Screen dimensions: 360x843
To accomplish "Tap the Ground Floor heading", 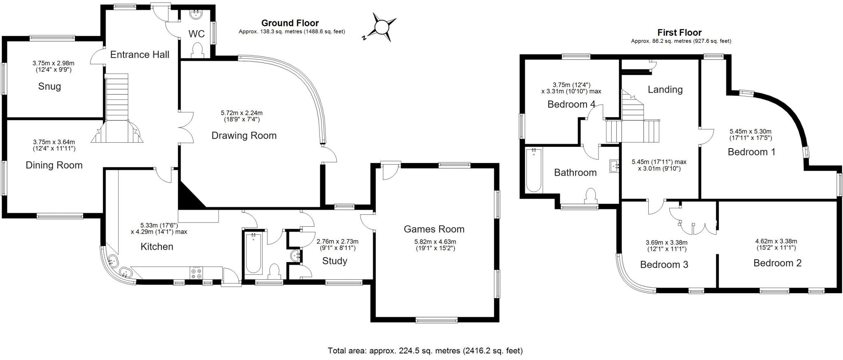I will pyautogui.click(x=290, y=23).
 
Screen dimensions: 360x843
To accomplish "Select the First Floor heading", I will pyautogui.click(x=679, y=33).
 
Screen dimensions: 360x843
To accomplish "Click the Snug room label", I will pyautogui.click(x=49, y=86).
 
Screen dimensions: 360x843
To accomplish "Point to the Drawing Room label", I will pyautogui.click(x=244, y=135).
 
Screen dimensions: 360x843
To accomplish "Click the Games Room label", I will pyautogui.click(x=434, y=229).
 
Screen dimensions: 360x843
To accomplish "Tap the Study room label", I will pyautogui.click(x=335, y=261).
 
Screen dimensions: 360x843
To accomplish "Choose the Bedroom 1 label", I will pyautogui.click(x=751, y=152).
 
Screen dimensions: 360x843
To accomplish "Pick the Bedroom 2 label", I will pyautogui.click(x=777, y=263).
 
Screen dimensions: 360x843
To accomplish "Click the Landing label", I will pyautogui.click(x=665, y=90).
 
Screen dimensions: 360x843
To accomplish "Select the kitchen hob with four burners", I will pyautogui.click(x=196, y=273).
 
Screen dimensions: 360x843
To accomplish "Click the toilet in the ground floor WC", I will pyautogui.click(x=197, y=51).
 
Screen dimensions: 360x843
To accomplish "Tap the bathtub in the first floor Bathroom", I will pyautogui.click(x=534, y=170).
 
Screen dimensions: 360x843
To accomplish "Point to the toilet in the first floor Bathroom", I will pyautogui.click(x=590, y=195).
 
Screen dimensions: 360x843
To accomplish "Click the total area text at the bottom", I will pyautogui.click(x=425, y=351).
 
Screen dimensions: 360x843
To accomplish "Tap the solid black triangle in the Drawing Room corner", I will pyautogui.click(x=189, y=197).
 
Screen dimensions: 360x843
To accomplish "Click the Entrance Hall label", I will pyautogui.click(x=140, y=55).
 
